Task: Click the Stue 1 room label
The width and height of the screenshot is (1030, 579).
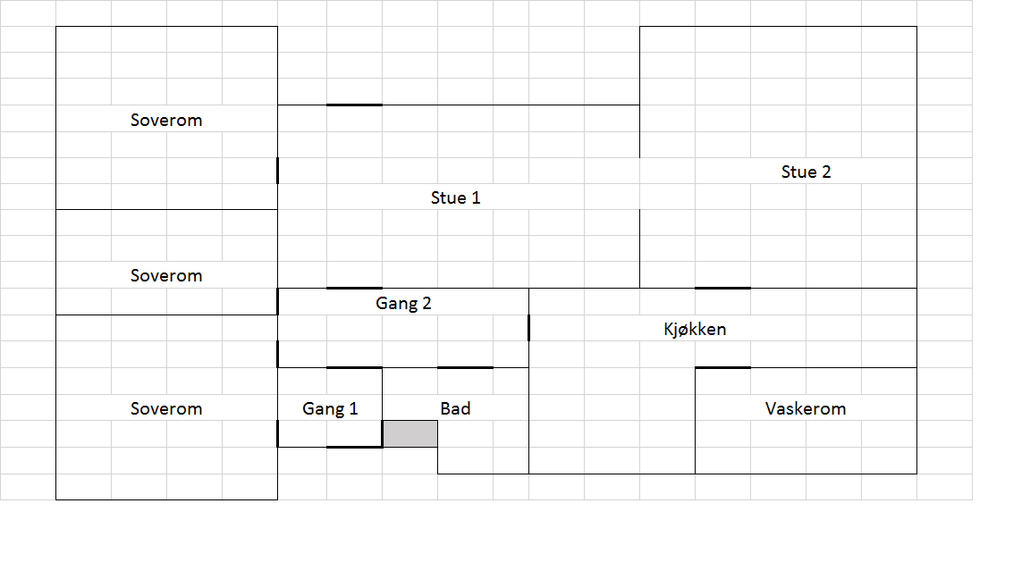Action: [455, 197]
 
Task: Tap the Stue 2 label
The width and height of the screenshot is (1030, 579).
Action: [806, 172]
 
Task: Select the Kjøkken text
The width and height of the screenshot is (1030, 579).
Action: [695, 329]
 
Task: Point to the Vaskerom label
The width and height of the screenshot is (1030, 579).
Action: [805, 408]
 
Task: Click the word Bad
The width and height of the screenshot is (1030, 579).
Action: [455, 408]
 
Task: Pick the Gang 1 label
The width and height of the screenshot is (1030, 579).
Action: [330, 408]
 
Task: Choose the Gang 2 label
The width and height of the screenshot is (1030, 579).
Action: [403, 303]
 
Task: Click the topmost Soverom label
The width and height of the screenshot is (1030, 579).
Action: [166, 120]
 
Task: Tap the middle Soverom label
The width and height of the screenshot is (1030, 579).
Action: [166, 275]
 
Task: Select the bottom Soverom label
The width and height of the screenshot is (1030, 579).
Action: [166, 408]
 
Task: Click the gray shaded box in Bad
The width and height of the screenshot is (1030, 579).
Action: [410, 433]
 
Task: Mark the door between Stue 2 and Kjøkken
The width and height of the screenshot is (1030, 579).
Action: [722, 288]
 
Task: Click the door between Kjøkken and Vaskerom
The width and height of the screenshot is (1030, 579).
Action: [722, 367]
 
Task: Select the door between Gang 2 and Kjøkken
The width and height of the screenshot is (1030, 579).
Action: [528, 328]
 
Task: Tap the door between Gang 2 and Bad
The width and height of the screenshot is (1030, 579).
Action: [465, 367]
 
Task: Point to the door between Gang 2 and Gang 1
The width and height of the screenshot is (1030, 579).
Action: [354, 367]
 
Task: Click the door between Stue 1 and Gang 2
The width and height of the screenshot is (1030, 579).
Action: [354, 288]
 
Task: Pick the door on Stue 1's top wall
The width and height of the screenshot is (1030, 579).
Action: [354, 105]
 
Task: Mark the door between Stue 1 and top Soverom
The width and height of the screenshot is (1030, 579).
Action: [277, 170]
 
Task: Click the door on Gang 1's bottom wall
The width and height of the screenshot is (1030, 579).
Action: [354, 447]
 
